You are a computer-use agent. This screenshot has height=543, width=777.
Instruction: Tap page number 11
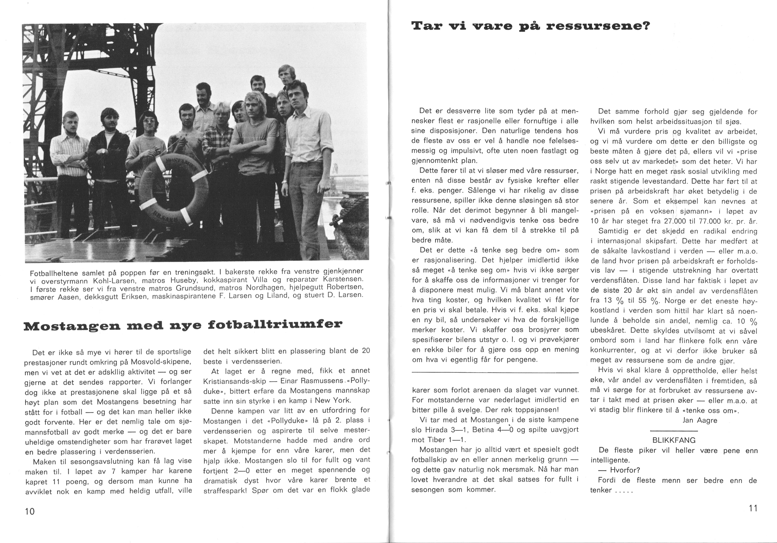753,508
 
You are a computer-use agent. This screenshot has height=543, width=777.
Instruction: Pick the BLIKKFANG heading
674,440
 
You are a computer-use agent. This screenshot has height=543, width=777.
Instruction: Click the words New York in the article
333,400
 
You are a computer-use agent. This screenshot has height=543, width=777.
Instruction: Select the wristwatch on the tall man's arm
285,182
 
